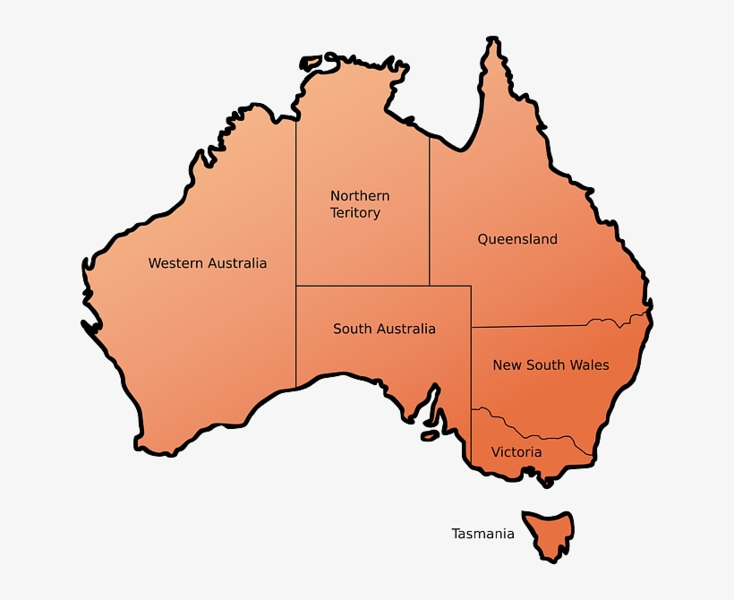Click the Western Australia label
click(207, 263)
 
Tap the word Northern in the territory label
click(360, 195)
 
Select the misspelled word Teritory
click(355, 213)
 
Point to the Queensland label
click(517, 239)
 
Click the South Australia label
click(384, 329)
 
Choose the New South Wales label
click(550, 364)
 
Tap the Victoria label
click(516, 452)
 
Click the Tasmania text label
click(482, 534)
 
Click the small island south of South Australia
click(431, 436)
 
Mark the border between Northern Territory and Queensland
click(429, 215)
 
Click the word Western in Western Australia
click(175, 263)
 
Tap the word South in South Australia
click(352, 329)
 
